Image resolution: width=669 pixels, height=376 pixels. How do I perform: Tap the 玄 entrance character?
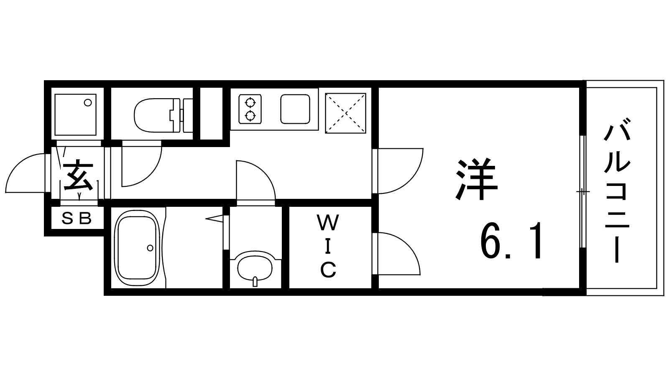point(79,175)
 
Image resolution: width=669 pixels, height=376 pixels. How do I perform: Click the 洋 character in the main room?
point(476,179)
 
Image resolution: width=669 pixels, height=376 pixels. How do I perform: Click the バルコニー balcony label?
point(617,191)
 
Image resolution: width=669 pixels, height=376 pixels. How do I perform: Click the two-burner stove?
point(250,109)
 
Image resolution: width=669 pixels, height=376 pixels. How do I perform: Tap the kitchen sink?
point(295,109)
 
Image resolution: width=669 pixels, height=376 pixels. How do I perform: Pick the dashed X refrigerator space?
point(345,113)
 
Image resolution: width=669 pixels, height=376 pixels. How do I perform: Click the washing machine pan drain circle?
point(88,103)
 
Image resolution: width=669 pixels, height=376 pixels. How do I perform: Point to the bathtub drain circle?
point(150,248)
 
